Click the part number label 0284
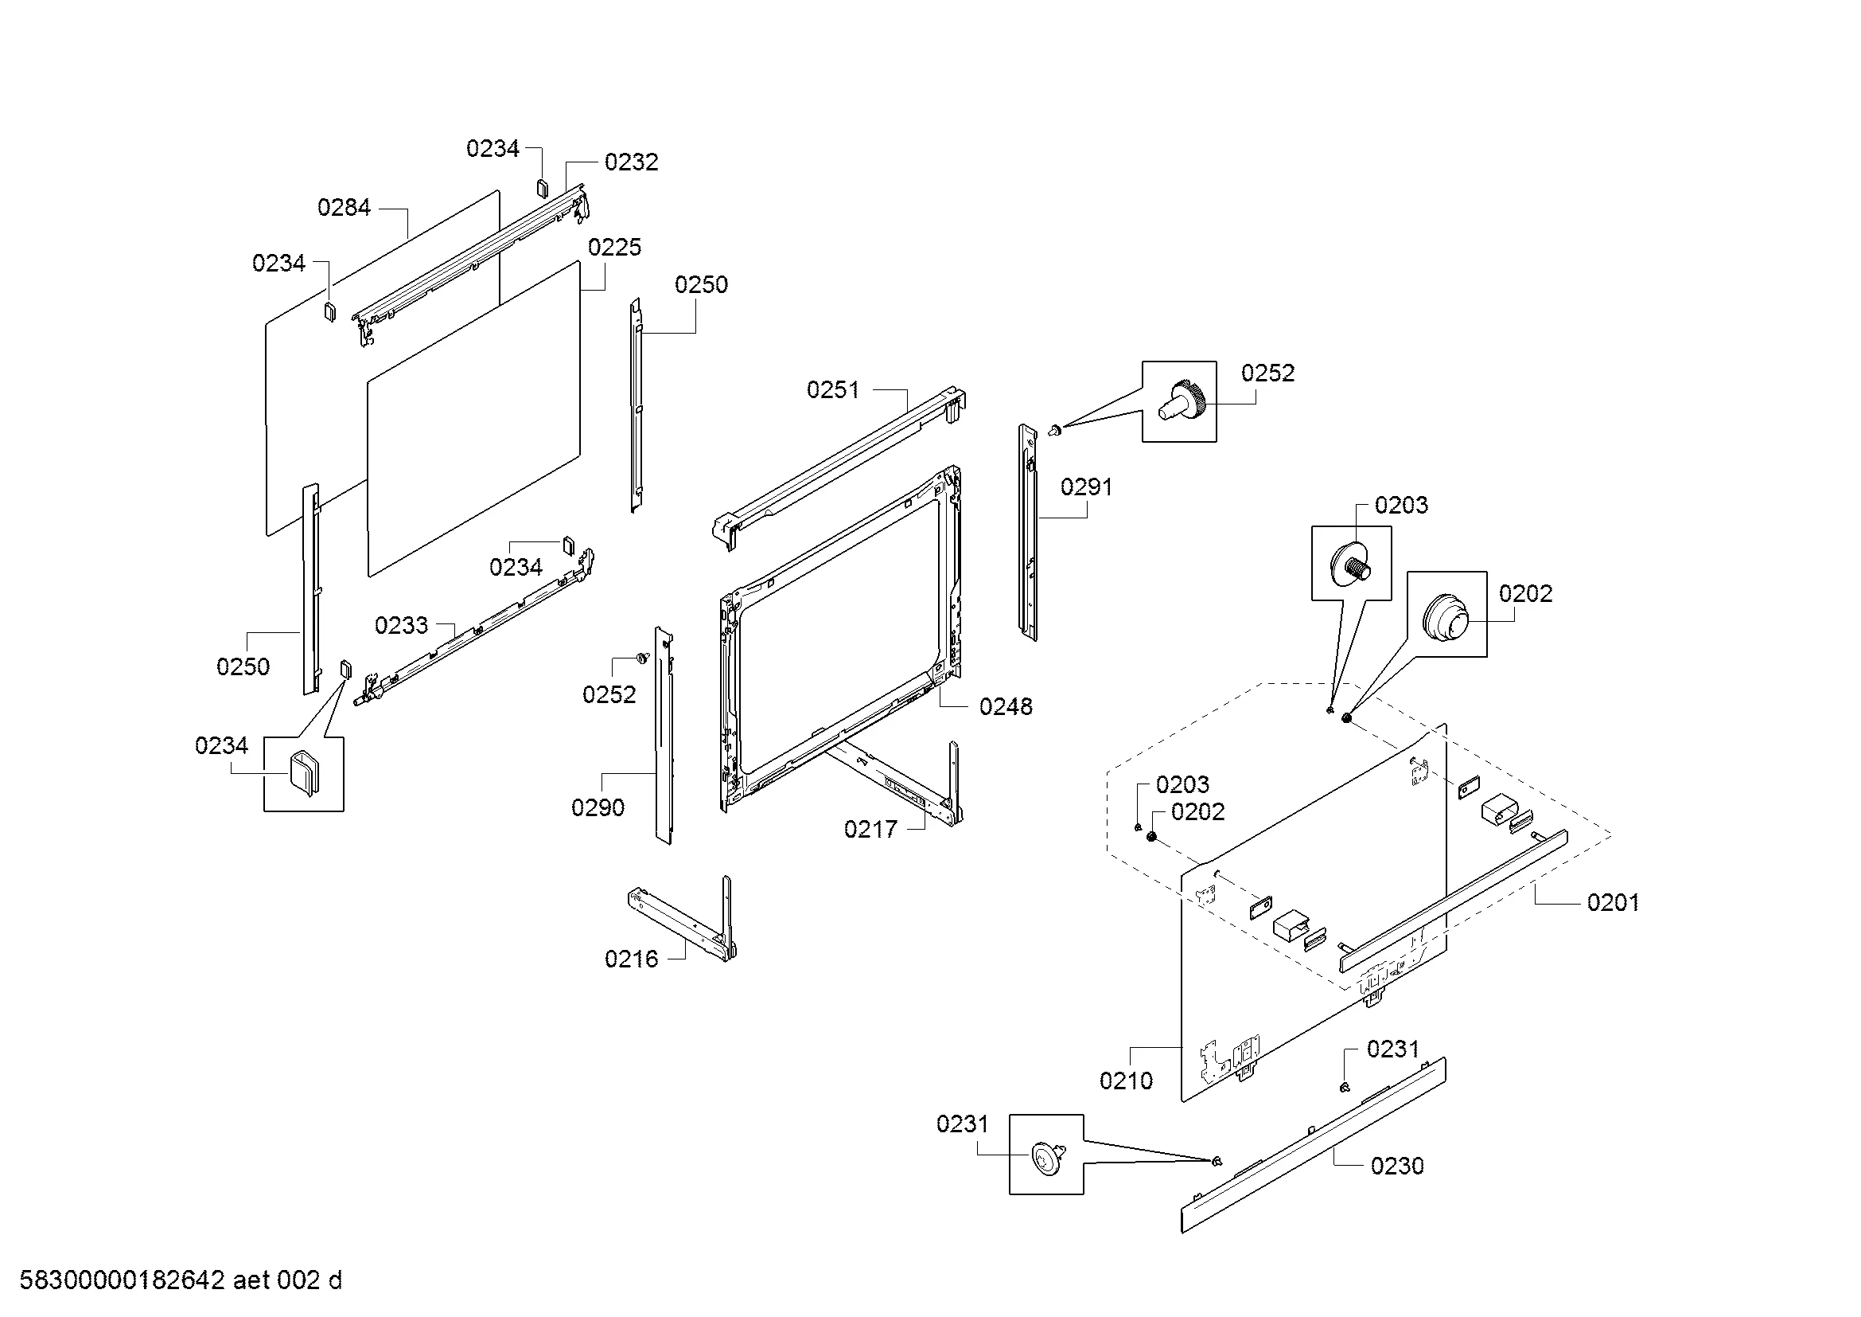tap(344, 208)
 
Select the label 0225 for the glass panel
tap(614, 248)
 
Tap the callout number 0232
tap(632, 162)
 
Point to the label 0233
tap(401, 625)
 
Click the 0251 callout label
tap(833, 390)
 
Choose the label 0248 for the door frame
tap(1006, 707)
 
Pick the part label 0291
tap(1087, 487)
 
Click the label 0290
tap(598, 807)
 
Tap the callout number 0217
tap(870, 830)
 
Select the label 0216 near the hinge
tap(632, 959)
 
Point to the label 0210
tap(1126, 1081)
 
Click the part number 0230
tap(1397, 1167)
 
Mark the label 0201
tap(1613, 903)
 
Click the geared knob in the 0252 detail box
tap(1183, 401)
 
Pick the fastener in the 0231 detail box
tap(1046, 1155)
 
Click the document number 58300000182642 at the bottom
tap(122, 1280)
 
